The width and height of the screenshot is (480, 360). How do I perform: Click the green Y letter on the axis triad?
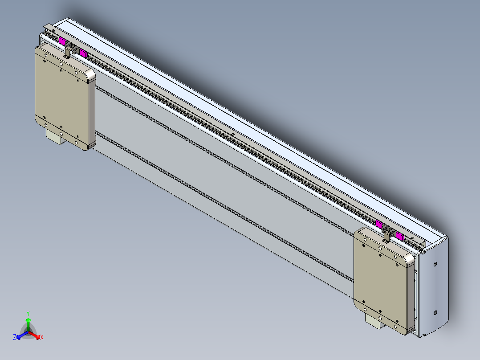pyautogui.click(x=28, y=313)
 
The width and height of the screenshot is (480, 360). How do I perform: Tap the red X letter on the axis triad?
pyautogui.click(x=42, y=337)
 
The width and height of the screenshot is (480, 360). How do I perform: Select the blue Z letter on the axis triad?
pyautogui.click(x=15, y=337)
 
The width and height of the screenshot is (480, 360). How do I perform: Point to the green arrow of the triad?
pyautogui.click(x=28, y=323)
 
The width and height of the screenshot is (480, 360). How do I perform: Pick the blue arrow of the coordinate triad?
pyautogui.click(x=20, y=335)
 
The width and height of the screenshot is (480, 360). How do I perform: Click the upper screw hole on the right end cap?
pyautogui.click(x=435, y=264)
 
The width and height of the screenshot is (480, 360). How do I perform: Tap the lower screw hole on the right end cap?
pyautogui.click(x=435, y=313)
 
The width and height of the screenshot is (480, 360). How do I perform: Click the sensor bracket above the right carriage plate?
pyautogui.click(x=386, y=235)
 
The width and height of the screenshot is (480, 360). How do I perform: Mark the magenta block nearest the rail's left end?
pyautogui.click(x=62, y=41)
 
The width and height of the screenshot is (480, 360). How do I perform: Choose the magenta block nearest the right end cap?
pyautogui.click(x=400, y=236)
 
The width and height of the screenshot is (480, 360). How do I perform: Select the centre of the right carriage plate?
pyautogui.click(x=381, y=281)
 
